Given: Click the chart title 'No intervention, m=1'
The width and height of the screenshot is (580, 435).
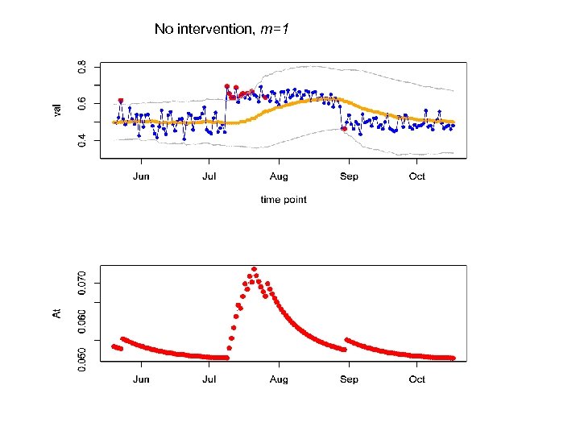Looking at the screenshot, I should [x=222, y=29].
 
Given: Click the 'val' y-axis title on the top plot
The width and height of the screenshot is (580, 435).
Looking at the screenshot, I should [x=57, y=108].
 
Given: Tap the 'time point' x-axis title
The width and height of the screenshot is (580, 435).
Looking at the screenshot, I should [x=284, y=199].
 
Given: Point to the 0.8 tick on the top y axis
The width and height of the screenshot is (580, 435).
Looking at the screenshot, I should [x=81, y=66].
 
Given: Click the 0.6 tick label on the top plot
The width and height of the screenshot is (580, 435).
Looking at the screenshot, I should [x=81, y=103].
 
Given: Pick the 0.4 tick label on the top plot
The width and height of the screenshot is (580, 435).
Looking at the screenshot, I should [x=81, y=141].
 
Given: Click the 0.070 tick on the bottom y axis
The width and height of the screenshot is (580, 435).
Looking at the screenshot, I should [x=81, y=282].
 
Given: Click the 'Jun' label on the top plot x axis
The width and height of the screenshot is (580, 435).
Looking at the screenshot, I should [x=141, y=176].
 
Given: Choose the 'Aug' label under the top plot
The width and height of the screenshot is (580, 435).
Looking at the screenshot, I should [x=279, y=176].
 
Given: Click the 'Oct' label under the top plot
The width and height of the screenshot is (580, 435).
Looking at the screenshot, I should [x=416, y=176].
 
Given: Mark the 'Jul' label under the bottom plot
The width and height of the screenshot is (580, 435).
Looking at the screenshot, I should [x=209, y=379].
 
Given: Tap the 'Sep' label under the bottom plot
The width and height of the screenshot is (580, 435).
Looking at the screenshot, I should [x=349, y=379].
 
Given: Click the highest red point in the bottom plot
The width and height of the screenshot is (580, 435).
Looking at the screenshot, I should [x=254, y=269].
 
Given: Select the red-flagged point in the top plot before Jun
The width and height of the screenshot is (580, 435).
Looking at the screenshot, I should [x=121, y=101].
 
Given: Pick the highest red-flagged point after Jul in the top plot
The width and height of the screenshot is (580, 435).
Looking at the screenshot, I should [x=227, y=86].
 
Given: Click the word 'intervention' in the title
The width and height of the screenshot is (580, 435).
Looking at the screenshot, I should [x=215, y=29].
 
